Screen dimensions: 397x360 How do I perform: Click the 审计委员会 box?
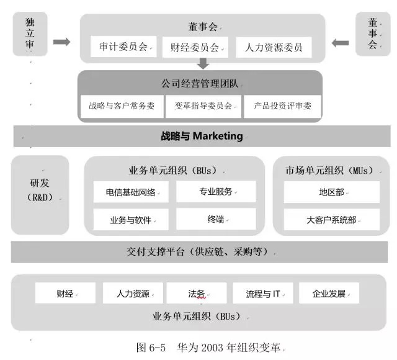coord(123,47)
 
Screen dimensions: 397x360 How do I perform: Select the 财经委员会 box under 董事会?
coord(195,47)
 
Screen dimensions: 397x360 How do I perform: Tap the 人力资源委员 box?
coord(274,47)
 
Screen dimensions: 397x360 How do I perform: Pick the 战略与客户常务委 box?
coord(122,106)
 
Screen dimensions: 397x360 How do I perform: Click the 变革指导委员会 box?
coord(203,106)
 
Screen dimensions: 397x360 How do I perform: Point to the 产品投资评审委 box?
coord(282,106)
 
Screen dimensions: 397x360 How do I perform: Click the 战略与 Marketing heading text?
coord(202,136)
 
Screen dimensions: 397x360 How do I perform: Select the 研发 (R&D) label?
coord(40,190)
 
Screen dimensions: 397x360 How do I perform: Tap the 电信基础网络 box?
coord(131,192)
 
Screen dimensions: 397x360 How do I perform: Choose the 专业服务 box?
coord(216,192)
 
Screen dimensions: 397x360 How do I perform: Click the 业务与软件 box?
coord(131,219)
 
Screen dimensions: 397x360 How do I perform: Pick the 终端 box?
coord(216,219)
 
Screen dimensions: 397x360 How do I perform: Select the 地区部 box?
coord(332,192)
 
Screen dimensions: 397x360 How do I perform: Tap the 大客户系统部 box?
coord(332,219)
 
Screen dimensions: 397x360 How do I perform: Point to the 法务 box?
coord(197,293)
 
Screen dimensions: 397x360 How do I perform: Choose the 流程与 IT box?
coord(263,293)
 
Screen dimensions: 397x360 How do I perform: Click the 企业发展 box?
coord(329,293)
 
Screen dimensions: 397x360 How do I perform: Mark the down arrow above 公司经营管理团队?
coord(203,63)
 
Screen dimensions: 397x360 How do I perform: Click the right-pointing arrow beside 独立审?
coord(62,42)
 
